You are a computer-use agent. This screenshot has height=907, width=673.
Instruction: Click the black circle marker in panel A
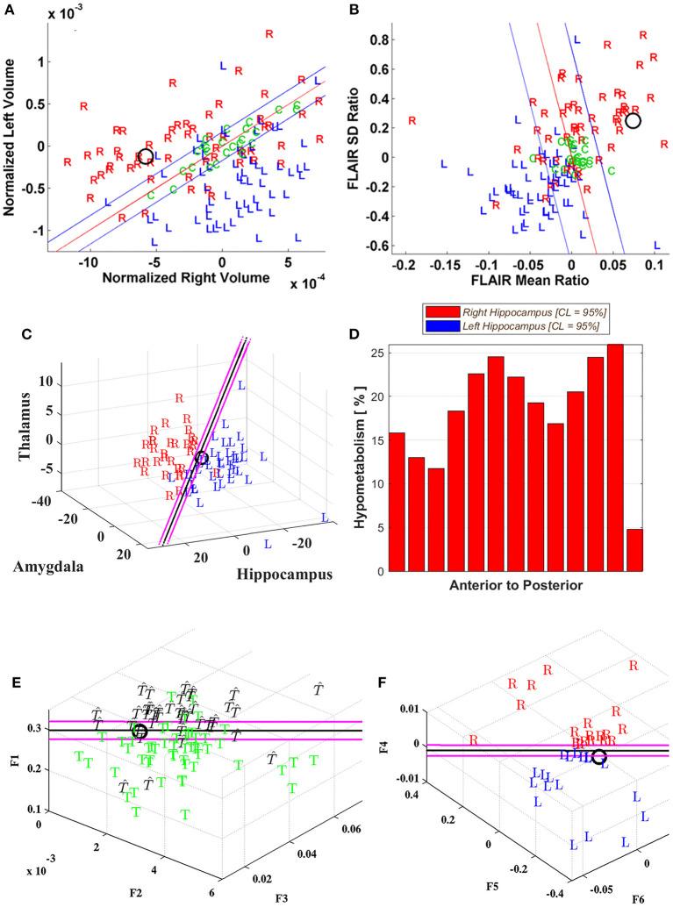[146, 156]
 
